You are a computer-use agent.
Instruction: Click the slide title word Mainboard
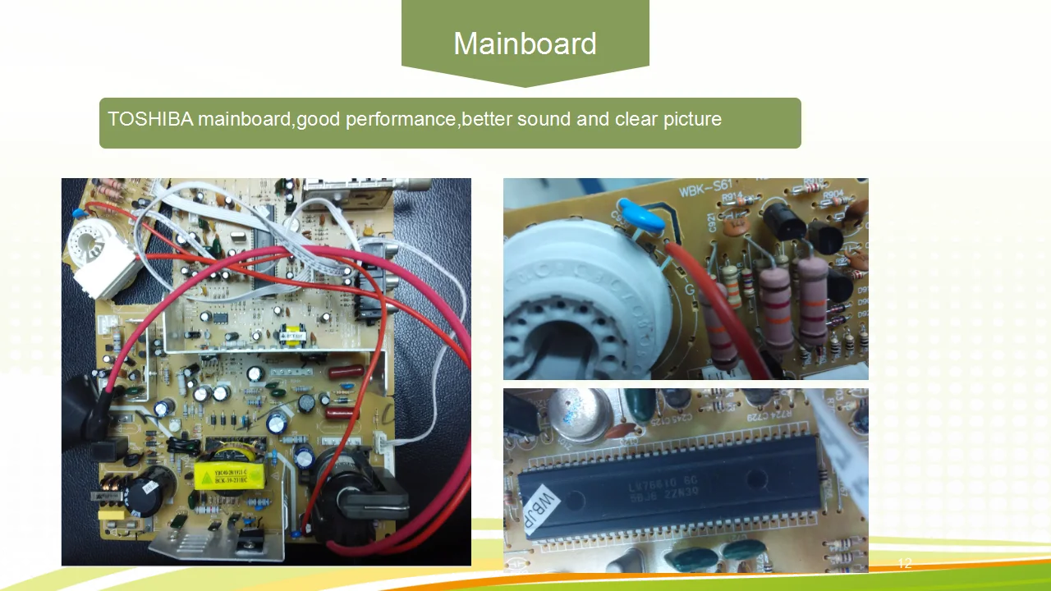(525, 44)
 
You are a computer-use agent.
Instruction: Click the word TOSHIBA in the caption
(150, 119)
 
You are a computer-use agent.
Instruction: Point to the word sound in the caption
(544, 119)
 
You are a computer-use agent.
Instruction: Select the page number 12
(904, 563)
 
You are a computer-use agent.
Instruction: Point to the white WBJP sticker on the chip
(547, 511)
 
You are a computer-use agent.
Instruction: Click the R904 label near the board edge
(833, 195)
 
